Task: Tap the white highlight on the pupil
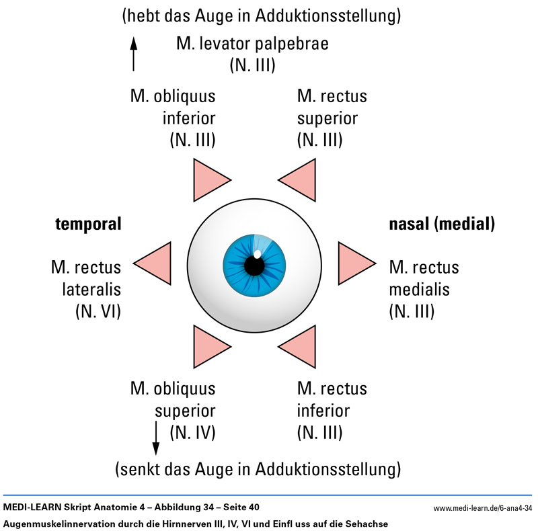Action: point(258,254)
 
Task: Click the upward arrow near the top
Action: point(134,54)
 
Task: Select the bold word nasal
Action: point(409,224)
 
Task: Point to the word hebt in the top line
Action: point(143,14)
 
